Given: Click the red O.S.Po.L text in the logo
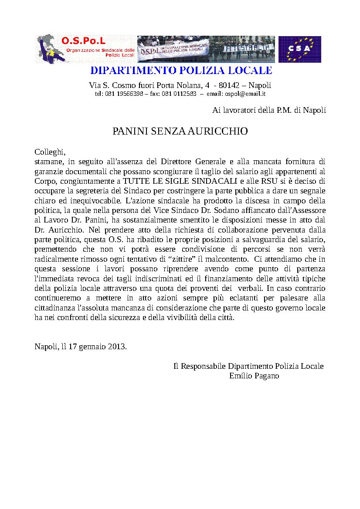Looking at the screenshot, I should pos(84,41).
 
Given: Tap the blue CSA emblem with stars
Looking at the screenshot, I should pos(299,49).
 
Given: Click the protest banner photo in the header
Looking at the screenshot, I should pos(206,49).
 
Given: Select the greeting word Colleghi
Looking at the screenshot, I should pos(50,152).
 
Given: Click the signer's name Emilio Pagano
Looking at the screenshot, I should pos(254,376).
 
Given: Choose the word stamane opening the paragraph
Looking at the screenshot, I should pos(48,162).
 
